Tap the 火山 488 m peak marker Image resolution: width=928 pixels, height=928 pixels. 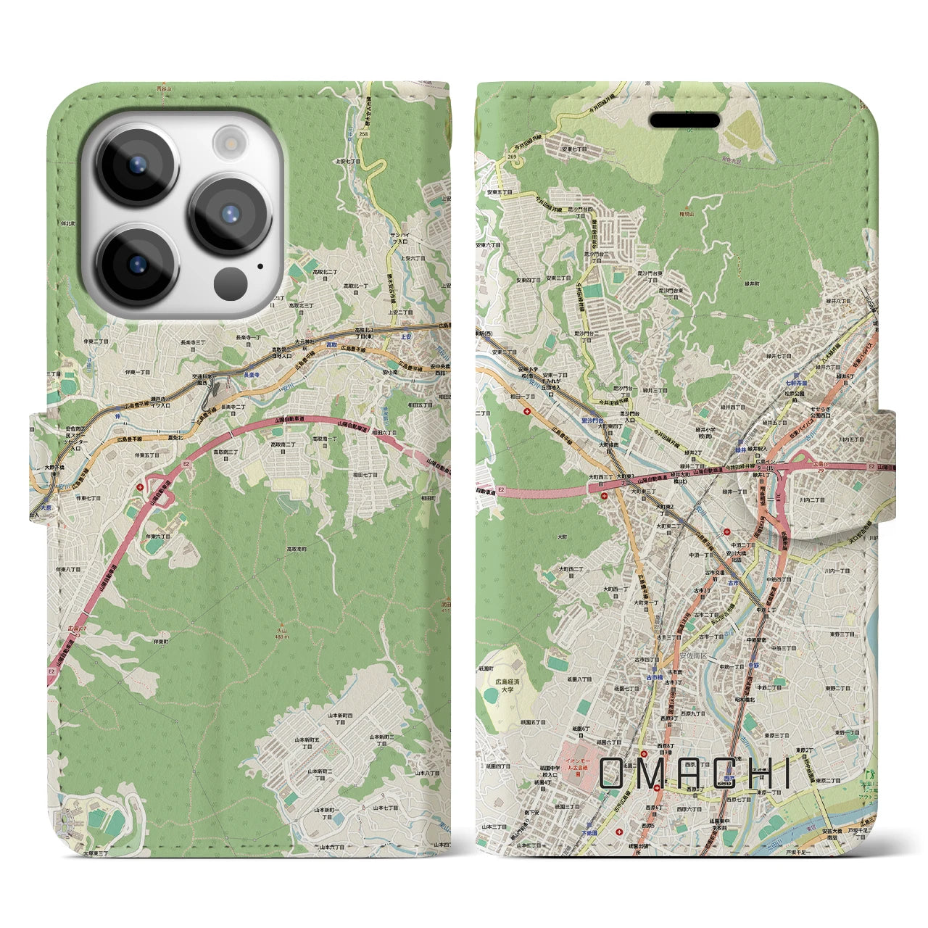(281, 629)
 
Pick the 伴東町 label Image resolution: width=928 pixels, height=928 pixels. (160, 642)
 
